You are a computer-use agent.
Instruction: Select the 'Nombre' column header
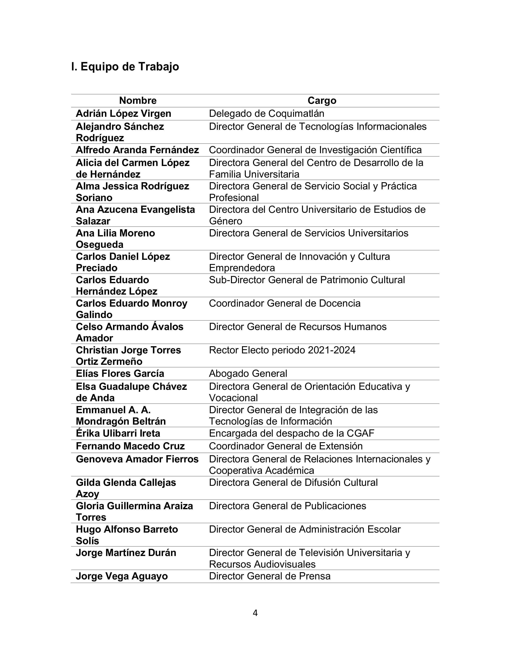coord(138,101)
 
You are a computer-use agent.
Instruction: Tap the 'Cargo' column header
coord(322,101)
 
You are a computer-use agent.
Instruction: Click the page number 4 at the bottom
coord(255,613)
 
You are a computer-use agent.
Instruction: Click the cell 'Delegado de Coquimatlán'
coord(266,114)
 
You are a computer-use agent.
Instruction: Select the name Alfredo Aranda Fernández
coord(137,150)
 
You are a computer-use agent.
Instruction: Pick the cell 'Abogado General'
coord(248,374)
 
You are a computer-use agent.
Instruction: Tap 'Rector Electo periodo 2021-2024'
coord(282,350)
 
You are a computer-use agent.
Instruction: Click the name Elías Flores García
coord(120,374)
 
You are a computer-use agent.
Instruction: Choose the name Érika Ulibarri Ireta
coord(118,433)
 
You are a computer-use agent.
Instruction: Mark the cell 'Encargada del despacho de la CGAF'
coord(291,433)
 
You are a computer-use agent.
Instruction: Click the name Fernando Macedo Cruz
coord(130,446)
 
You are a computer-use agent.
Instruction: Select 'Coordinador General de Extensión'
coord(286,446)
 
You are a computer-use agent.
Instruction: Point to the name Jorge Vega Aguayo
coord(122,576)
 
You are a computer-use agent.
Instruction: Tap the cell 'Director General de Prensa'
coord(270,576)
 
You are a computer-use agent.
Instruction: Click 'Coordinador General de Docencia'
coord(285,303)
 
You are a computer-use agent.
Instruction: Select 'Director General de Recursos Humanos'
coord(298,327)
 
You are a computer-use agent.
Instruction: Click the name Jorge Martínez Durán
coord(126,553)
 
